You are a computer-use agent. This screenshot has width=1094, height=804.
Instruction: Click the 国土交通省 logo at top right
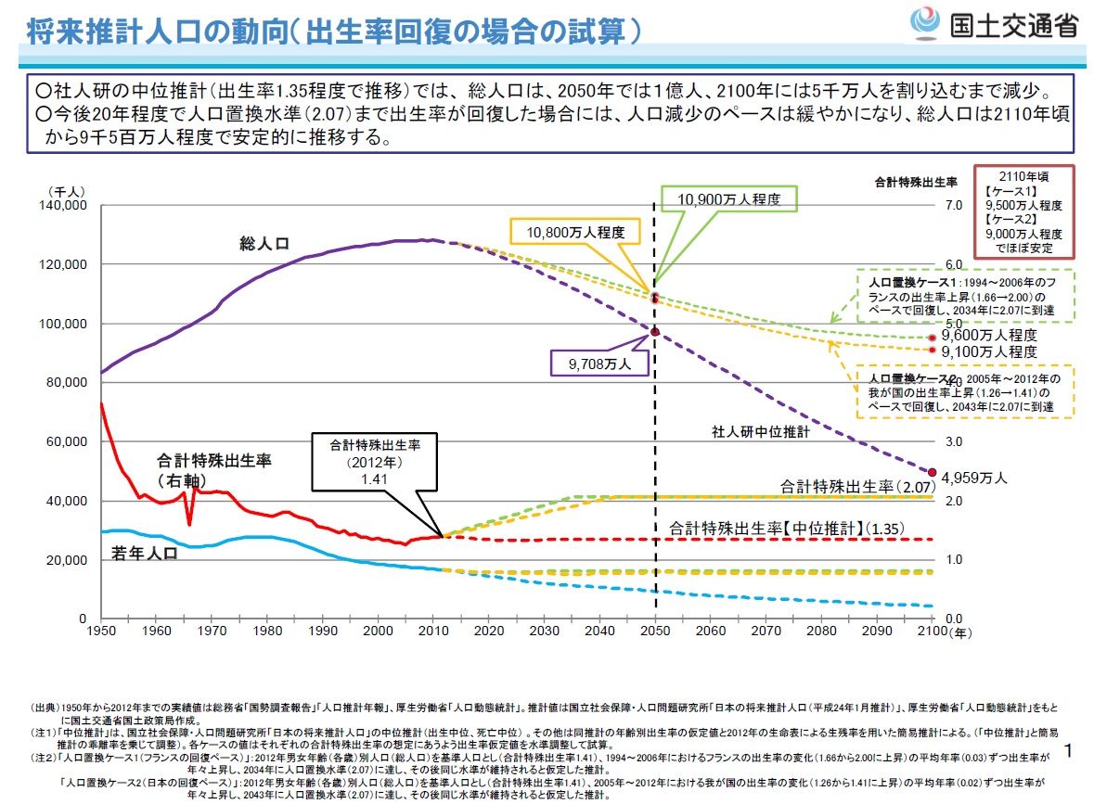tap(994, 22)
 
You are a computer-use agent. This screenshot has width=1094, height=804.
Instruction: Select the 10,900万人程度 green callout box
tap(728, 199)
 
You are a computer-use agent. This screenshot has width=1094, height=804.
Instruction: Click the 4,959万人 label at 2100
tap(974, 479)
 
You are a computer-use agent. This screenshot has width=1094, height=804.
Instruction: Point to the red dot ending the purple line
tap(933, 472)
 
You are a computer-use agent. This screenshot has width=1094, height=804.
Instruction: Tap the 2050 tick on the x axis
tap(655, 632)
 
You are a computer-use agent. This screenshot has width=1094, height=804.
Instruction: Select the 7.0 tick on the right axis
tap(953, 205)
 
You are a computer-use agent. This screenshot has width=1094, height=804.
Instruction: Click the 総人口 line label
tap(264, 244)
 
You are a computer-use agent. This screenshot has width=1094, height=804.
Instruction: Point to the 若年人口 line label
tap(145, 553)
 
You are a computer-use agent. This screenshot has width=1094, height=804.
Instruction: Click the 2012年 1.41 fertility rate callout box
tap(376, 461)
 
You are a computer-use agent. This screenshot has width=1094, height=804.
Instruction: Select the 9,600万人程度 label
tap(988, 335)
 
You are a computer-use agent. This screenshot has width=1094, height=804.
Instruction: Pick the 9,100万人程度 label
tap(988, 351)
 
